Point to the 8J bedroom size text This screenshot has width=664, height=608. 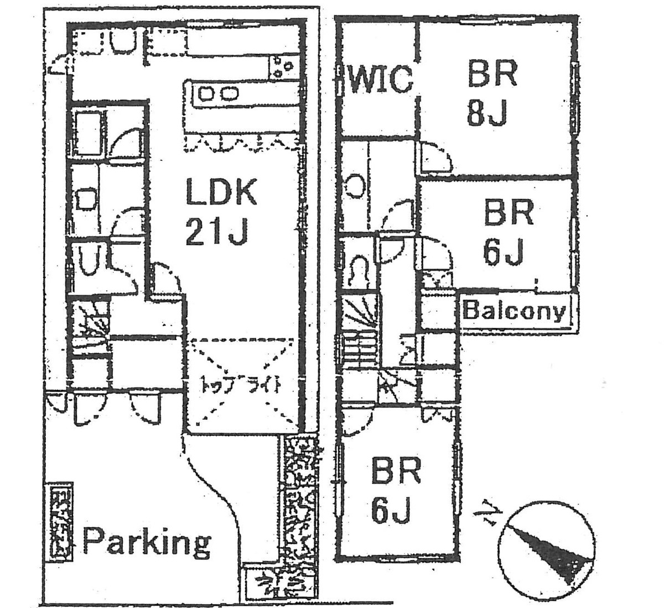tap(487, 114)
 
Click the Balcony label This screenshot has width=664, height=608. tap(515, 311)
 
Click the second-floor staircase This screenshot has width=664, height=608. tap(360, 337)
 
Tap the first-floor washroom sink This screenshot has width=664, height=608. tap(86, 199)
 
